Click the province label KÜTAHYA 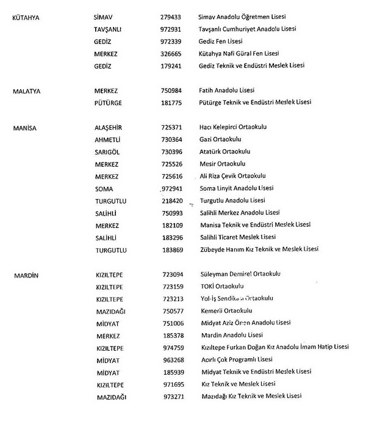coord(26,18)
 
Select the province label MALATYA coord(26,91)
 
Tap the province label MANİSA coord(24,127)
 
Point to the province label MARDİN coord(26,274)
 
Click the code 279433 coord(171,18)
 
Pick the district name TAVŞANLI coord(110,30)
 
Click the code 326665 coord(171,54)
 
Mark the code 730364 coord(171,139)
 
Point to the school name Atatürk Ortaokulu coord(225,152)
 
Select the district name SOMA coord(104,188)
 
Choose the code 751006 coord(171,323)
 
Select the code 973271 coord(171,396)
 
